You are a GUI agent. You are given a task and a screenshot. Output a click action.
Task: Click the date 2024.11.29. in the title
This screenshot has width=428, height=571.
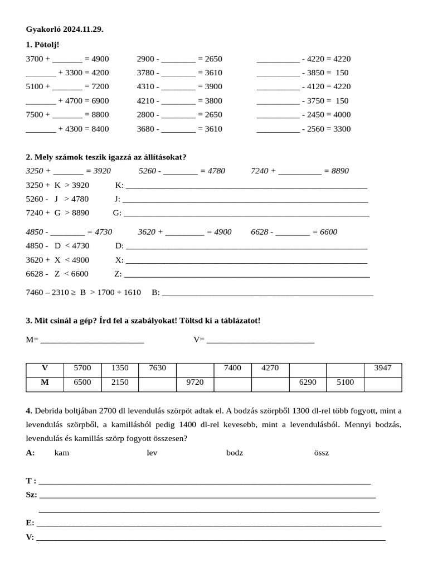(83, 29)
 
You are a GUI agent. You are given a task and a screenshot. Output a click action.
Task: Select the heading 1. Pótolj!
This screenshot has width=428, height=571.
(42, 44)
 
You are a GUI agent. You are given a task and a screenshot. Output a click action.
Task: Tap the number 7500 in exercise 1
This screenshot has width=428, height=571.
(36, 114)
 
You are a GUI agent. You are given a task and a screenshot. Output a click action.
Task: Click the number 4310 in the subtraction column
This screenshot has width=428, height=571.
(146, 86)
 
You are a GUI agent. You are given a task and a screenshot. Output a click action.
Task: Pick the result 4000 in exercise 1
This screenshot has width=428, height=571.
(341, 114)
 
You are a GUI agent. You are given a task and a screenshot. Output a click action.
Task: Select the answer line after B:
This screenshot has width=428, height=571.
(267, 293)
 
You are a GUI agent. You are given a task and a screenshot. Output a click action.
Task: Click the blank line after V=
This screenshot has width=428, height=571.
(260, 341)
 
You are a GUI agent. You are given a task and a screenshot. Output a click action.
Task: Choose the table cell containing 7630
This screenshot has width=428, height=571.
(157, 368)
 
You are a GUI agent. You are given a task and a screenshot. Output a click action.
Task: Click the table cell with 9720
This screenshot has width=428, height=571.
(194, 383)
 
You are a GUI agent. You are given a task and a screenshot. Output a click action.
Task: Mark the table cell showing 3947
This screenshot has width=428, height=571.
(382, 368)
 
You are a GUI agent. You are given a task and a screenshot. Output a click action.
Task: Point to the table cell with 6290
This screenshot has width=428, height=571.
(307, 383)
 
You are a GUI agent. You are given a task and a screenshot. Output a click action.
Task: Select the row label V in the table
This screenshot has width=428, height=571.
(45, 368)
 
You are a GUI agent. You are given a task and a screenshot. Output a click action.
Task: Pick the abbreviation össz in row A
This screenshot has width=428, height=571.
(322, 453)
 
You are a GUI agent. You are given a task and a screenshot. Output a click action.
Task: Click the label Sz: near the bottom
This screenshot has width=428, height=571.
(31, 495)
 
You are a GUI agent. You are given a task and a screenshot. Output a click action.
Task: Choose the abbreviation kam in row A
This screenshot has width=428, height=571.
(62, 453)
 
